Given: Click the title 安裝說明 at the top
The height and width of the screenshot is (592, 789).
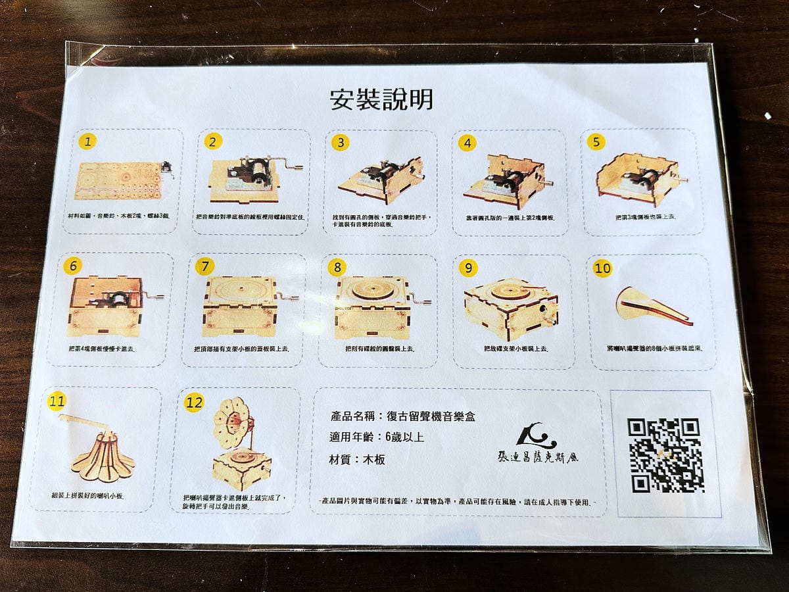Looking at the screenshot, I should tap(381, 100).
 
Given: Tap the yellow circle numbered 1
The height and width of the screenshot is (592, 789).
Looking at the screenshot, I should tap(87, 141).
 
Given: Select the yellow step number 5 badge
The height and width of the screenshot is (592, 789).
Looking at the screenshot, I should tap(596, 142).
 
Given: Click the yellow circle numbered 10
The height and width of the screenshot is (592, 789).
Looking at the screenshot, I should tap(602, 268).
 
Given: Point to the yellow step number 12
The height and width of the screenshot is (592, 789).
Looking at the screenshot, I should tap(194, 403).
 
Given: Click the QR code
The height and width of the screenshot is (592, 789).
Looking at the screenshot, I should tap(665, 455).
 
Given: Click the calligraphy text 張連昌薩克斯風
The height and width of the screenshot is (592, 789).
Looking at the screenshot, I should tap(538, 456).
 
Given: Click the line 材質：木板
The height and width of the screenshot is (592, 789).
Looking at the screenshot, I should tap(358, 459).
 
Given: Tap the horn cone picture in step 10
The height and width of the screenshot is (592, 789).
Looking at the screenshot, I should tap(651, 307).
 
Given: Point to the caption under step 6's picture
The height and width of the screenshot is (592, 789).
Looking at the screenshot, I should tap(101, 348).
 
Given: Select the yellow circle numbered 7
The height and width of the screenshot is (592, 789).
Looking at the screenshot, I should tap(206, 266).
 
